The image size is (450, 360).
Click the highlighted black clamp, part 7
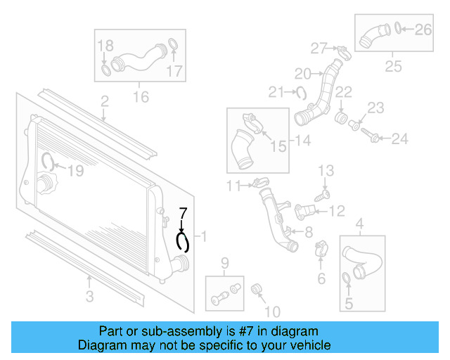(x=183, y=242)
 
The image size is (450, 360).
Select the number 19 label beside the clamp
(x=75, y=169)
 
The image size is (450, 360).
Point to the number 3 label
(x=90, y=297)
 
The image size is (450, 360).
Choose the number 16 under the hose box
(x=141, y=96)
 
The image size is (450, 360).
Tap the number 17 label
(x=174, y=70)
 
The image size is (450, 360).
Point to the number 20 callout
(x=302, y=74)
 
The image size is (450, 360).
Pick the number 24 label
(x=399, y=139)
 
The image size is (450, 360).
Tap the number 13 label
(x=326, y=171)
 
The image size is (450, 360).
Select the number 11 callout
(x=233, y=186)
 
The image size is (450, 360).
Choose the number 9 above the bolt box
(x=225, y=264)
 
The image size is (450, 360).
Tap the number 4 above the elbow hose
(x=361, y=226)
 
